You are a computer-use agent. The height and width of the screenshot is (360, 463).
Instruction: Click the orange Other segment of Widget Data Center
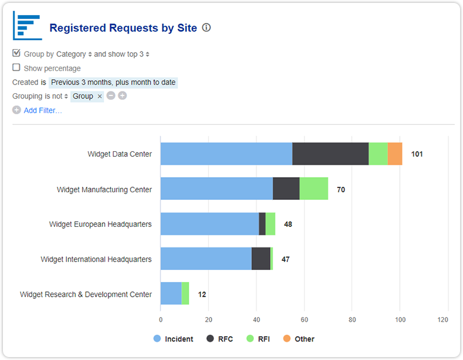coord(395,154)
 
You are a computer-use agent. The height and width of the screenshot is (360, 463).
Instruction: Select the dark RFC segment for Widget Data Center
coord(330,154)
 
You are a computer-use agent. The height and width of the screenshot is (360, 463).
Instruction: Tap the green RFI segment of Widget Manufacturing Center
coord(314,189)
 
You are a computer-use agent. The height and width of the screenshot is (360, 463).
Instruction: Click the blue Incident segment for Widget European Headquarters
coord(209,224)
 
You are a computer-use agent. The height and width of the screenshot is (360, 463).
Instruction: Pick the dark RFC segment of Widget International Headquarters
coord(261,259)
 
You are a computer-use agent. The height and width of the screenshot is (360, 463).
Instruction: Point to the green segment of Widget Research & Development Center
coord(185,293)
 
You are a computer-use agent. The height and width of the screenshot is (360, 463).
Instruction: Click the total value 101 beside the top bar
coord(417,154)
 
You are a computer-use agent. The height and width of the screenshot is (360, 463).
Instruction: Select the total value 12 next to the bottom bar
coord(202,294)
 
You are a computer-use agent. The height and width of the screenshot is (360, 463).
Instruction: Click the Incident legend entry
coord(173,339)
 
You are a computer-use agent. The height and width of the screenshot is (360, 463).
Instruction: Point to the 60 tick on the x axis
coord(304,320)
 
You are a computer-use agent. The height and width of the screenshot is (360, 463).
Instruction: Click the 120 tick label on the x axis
coord(443,320)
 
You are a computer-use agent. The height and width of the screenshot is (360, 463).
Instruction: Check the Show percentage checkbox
coord(16,67)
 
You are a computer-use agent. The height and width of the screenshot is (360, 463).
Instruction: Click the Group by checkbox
coord(16,53)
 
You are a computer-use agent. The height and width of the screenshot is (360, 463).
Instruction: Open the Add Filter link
coord(42,110)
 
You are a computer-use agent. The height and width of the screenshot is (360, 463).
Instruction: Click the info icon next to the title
coord(206,28)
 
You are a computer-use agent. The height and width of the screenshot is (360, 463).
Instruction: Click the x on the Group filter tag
coord(100,96)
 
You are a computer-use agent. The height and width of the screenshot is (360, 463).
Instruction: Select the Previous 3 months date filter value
coord(113,82)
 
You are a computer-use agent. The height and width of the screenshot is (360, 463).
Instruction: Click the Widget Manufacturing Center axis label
coord(104,189)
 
